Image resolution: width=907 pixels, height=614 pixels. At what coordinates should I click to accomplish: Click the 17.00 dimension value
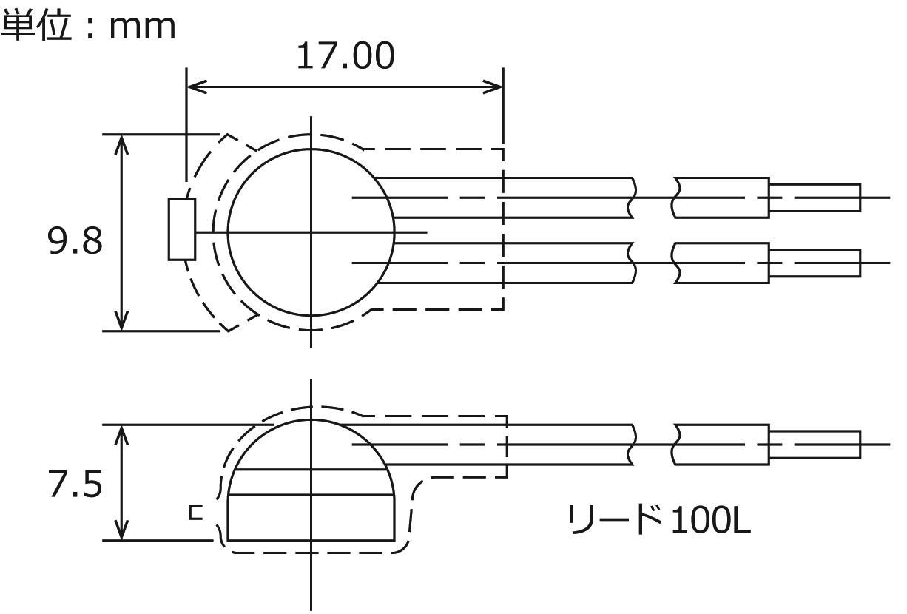[345, 56]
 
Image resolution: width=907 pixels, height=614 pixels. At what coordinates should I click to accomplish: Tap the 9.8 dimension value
[75, 241]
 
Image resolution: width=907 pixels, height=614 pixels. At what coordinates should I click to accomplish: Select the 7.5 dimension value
[75, 484]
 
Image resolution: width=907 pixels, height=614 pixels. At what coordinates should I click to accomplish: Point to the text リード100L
[660, 519]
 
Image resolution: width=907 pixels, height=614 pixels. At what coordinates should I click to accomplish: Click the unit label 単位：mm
[88, 27]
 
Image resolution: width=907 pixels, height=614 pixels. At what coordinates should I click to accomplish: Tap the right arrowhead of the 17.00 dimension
[493, 87]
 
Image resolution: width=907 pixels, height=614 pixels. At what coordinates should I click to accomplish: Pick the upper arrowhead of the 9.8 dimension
[121, 144]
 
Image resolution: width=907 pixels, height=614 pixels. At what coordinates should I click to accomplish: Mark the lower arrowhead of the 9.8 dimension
[121, 320]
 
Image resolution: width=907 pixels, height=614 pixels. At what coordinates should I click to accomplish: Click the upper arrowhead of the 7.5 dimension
[121, 436]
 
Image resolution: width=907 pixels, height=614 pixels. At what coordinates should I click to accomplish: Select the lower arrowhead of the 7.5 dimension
[121, 530]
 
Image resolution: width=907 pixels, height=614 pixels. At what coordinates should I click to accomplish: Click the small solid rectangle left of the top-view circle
[182, 229]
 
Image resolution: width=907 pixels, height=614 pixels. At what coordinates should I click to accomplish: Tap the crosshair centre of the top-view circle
[311, 232]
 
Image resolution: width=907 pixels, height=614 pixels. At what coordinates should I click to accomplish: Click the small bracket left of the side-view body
[196, 513]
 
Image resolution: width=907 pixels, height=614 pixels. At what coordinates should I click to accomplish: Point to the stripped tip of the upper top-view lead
[815, 198]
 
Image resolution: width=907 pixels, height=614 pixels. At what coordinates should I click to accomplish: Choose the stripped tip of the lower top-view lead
[815, 263]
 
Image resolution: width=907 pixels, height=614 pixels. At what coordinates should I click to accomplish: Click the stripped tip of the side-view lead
[815, 445]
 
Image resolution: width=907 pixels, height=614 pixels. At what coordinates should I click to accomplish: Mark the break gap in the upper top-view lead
[654, 198]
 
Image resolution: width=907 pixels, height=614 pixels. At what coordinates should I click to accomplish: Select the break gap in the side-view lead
[654, 445]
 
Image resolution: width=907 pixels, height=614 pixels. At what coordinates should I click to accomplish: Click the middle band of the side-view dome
[311, 482]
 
